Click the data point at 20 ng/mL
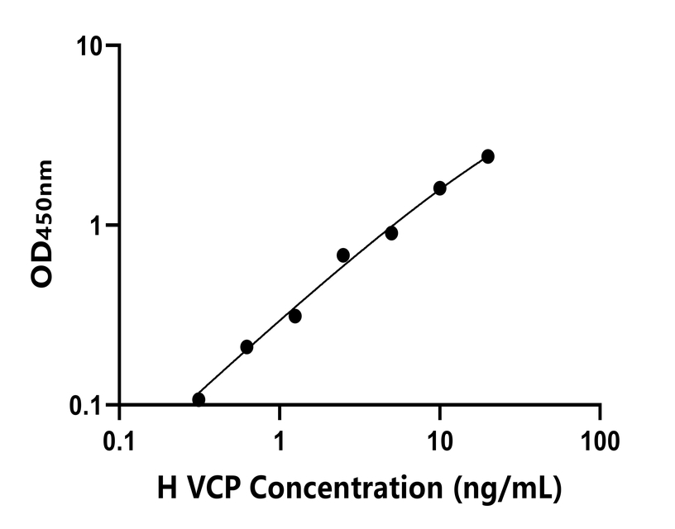488,156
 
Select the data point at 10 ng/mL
440,188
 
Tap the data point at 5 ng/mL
391,233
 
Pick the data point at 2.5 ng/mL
343,255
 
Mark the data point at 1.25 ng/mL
295,316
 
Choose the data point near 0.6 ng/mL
247,347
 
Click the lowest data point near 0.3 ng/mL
199,399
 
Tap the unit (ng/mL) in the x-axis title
507,489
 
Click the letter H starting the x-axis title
167,488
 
